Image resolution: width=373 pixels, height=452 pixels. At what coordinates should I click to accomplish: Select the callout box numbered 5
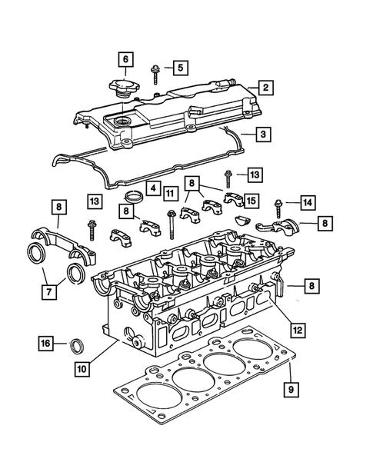click(178, 68)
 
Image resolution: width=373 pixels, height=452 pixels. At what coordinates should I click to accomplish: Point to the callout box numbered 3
click(263, 135)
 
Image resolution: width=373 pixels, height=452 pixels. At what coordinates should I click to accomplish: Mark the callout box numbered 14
click(306, 203)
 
